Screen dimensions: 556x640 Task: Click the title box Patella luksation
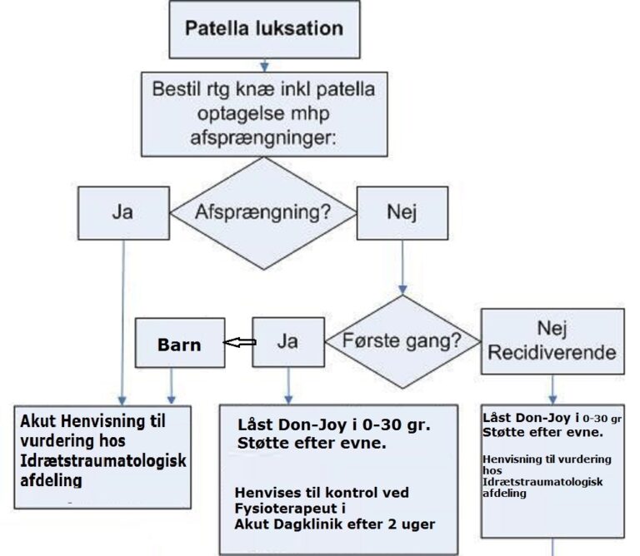click(264, 27)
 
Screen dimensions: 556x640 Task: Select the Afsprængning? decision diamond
click(263, 211)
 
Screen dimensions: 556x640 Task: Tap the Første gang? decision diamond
click(403, 341)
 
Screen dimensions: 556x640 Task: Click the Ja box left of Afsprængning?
click(122, 211)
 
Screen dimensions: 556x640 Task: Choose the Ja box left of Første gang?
click(287, 341)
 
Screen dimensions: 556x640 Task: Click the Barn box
click(180, 343)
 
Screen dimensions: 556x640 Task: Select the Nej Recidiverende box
click(552, 340)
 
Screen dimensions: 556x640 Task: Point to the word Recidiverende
click(552, 352)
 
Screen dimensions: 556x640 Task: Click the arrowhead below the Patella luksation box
click(265, 65)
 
